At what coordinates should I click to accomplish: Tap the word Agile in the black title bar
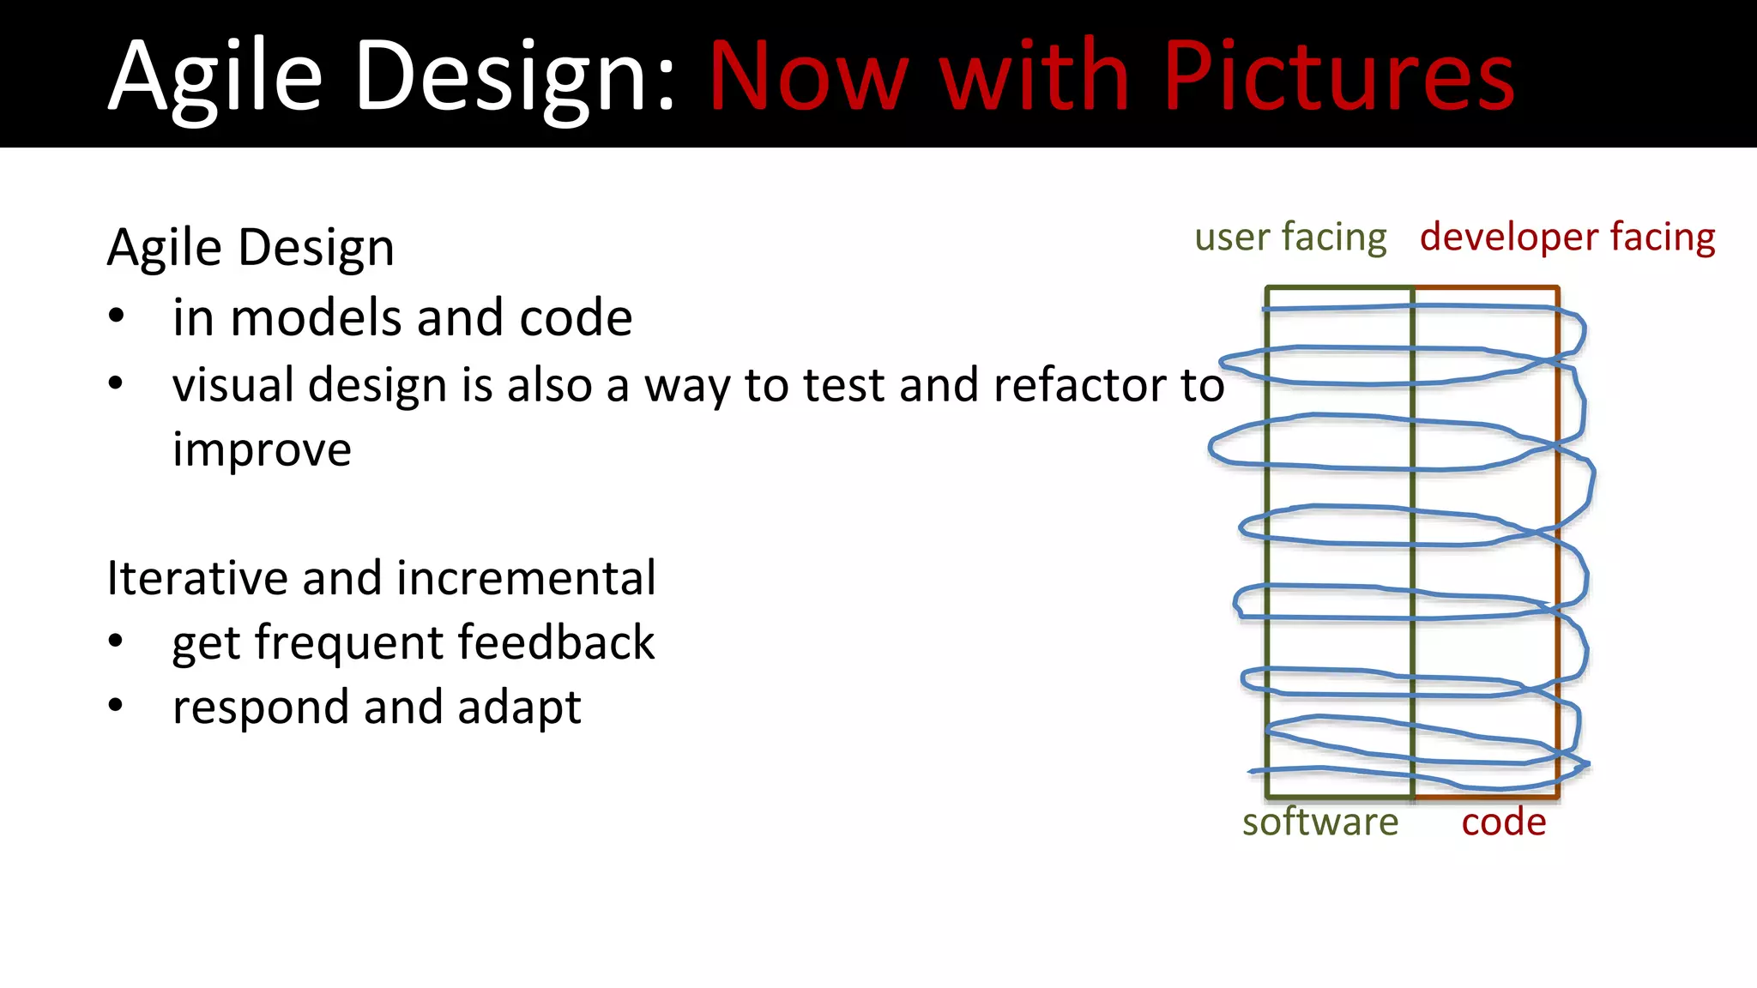(x=215, y=77)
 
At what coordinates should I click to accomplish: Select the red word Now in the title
(x=807, y=77)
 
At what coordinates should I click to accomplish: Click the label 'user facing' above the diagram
(x=1289, y=238)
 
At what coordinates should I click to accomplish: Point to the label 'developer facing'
(x=1567, y=238)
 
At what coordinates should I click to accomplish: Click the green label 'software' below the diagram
(x=1319, y=822)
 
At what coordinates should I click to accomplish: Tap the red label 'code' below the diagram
(x=1503, y=822)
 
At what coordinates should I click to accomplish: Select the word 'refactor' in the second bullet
(x=1078, y=385)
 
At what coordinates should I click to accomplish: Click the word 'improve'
(x=262, y=450)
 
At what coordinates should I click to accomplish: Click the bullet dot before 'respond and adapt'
(x=117, y=705)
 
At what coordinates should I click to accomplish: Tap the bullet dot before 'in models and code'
(x=117, y=316)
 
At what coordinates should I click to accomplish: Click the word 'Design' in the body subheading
(x=316, y=249)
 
